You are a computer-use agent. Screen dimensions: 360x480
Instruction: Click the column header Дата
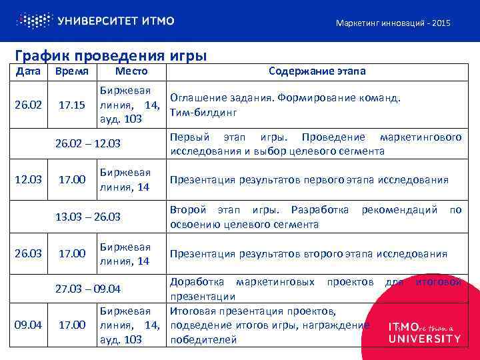click(x=28, y=71)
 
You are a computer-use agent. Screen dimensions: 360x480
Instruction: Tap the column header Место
click(x=131, y=71)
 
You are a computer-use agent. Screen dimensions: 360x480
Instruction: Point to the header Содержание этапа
click(x=317, y=71)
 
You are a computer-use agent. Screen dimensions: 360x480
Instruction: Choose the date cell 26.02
click(x=28, y=105)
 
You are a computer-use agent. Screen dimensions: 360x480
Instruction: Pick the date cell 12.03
click(x=28, y=179)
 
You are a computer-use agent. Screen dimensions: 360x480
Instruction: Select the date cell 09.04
click(x=28, y=325)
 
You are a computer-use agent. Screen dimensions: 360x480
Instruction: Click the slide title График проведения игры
click(x=111, y=55)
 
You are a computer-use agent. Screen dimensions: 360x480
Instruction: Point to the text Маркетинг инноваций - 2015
click(x=393, y=23)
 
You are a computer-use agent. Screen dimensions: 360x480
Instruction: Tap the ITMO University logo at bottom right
click(x=424, y=332)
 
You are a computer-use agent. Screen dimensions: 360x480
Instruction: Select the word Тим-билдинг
click(x=204, y=111)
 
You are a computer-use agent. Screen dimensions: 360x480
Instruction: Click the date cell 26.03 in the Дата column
click(x=28, y=253)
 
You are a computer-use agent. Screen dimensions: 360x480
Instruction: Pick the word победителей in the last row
click(x=203, y=339)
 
